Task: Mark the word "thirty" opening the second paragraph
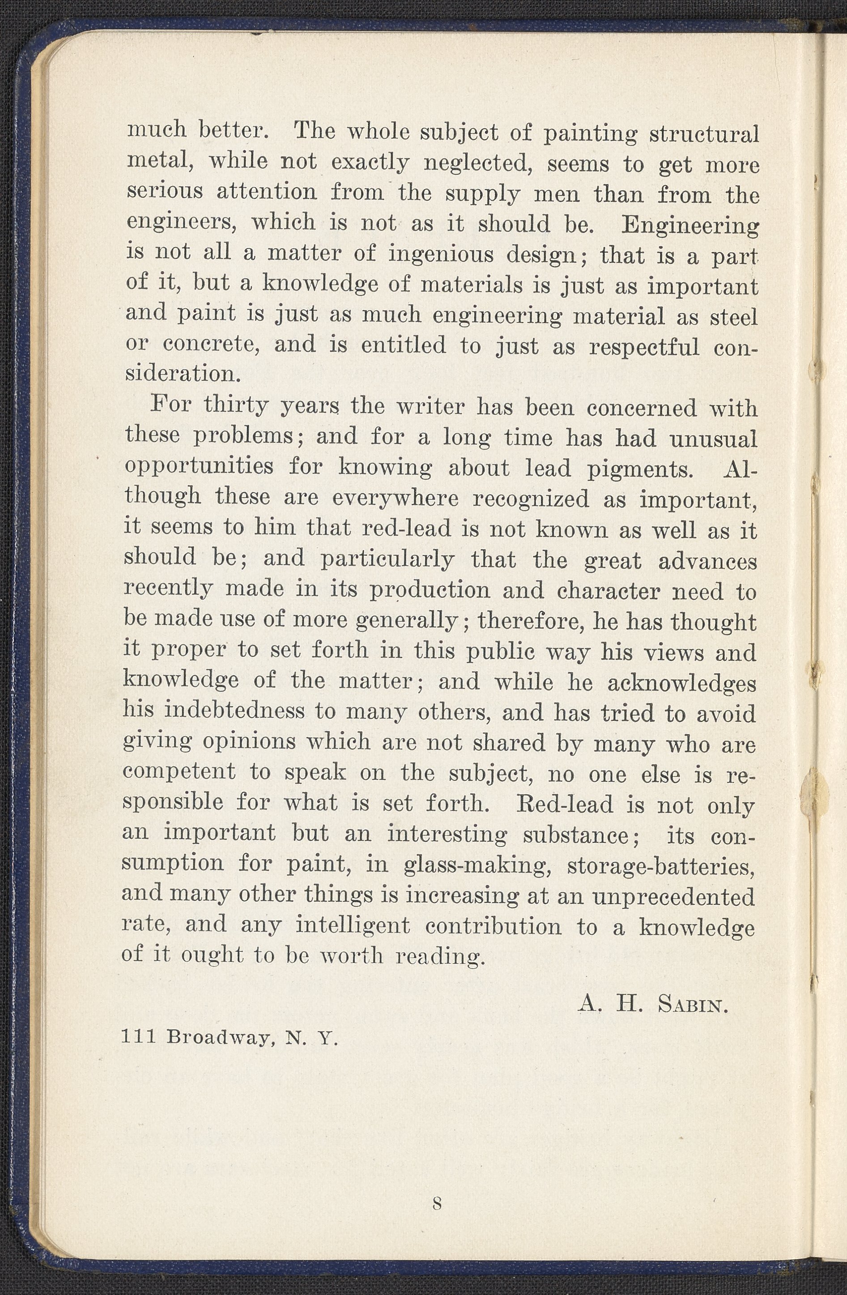click(x=229, y=406)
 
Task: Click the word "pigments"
click(x=641, y=469)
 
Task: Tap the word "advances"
click(x=707, y=560)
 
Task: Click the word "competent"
click(x=179, y=772)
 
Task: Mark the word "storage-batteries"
click(x=660, y=865)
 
